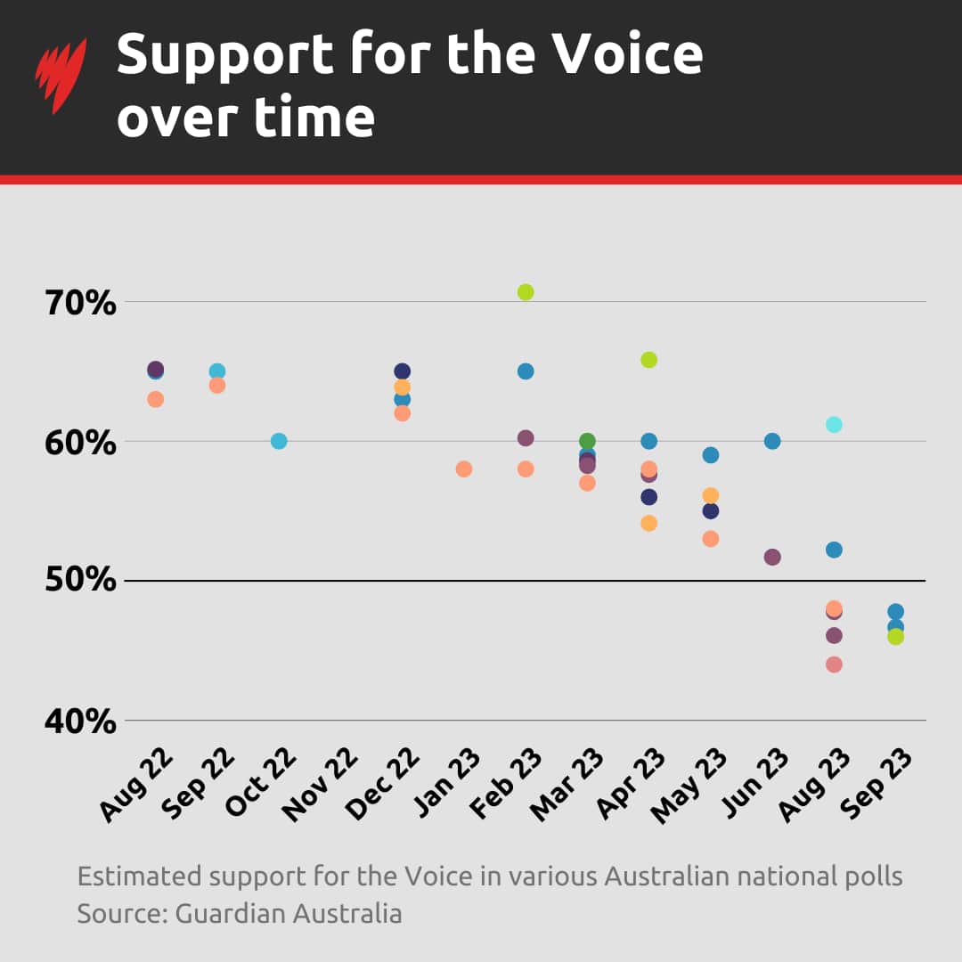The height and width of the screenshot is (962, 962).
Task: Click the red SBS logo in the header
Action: pyautogui.click(x=61, y=76)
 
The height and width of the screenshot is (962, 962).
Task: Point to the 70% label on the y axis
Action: pyautogui.click(x=80, y=303)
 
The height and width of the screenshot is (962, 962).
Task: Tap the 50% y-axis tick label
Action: pyautogui.click(x=80, y=581)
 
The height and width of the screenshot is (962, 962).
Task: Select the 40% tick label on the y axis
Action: pyautogui.click(x=80, y=721)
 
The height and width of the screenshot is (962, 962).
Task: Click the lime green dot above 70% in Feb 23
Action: pyautogui.click(x=526, y=292)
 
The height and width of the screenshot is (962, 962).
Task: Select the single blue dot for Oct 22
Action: pyautogui.click(x=279, y=441)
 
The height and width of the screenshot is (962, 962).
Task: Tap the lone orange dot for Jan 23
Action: pyautogui.click(x=464, y=469)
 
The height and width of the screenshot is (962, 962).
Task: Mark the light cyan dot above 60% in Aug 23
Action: pyautogui.click(x=834, y=424)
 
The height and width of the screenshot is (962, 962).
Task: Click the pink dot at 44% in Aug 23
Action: pyautogui.click(x=834, y=664)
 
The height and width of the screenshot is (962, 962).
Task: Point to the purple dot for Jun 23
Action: pyautogui.click(x=772, y=557)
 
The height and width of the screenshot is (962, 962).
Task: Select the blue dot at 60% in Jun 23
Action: pyautogui.click(x=772, y=441)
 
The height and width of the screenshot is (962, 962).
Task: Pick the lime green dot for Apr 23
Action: pyautogui.click(x=648, y=360)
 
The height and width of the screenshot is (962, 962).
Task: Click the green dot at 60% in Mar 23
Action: pyautogui.click(x=587, y=441)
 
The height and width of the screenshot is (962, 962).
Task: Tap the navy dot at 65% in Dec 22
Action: pyautogui.click(x=402, y=371)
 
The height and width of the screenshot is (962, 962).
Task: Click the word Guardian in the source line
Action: pyautogui.click(x=227, y=913)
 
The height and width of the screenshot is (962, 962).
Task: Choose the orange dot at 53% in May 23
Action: pyautogui.click(x=710, y=539)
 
